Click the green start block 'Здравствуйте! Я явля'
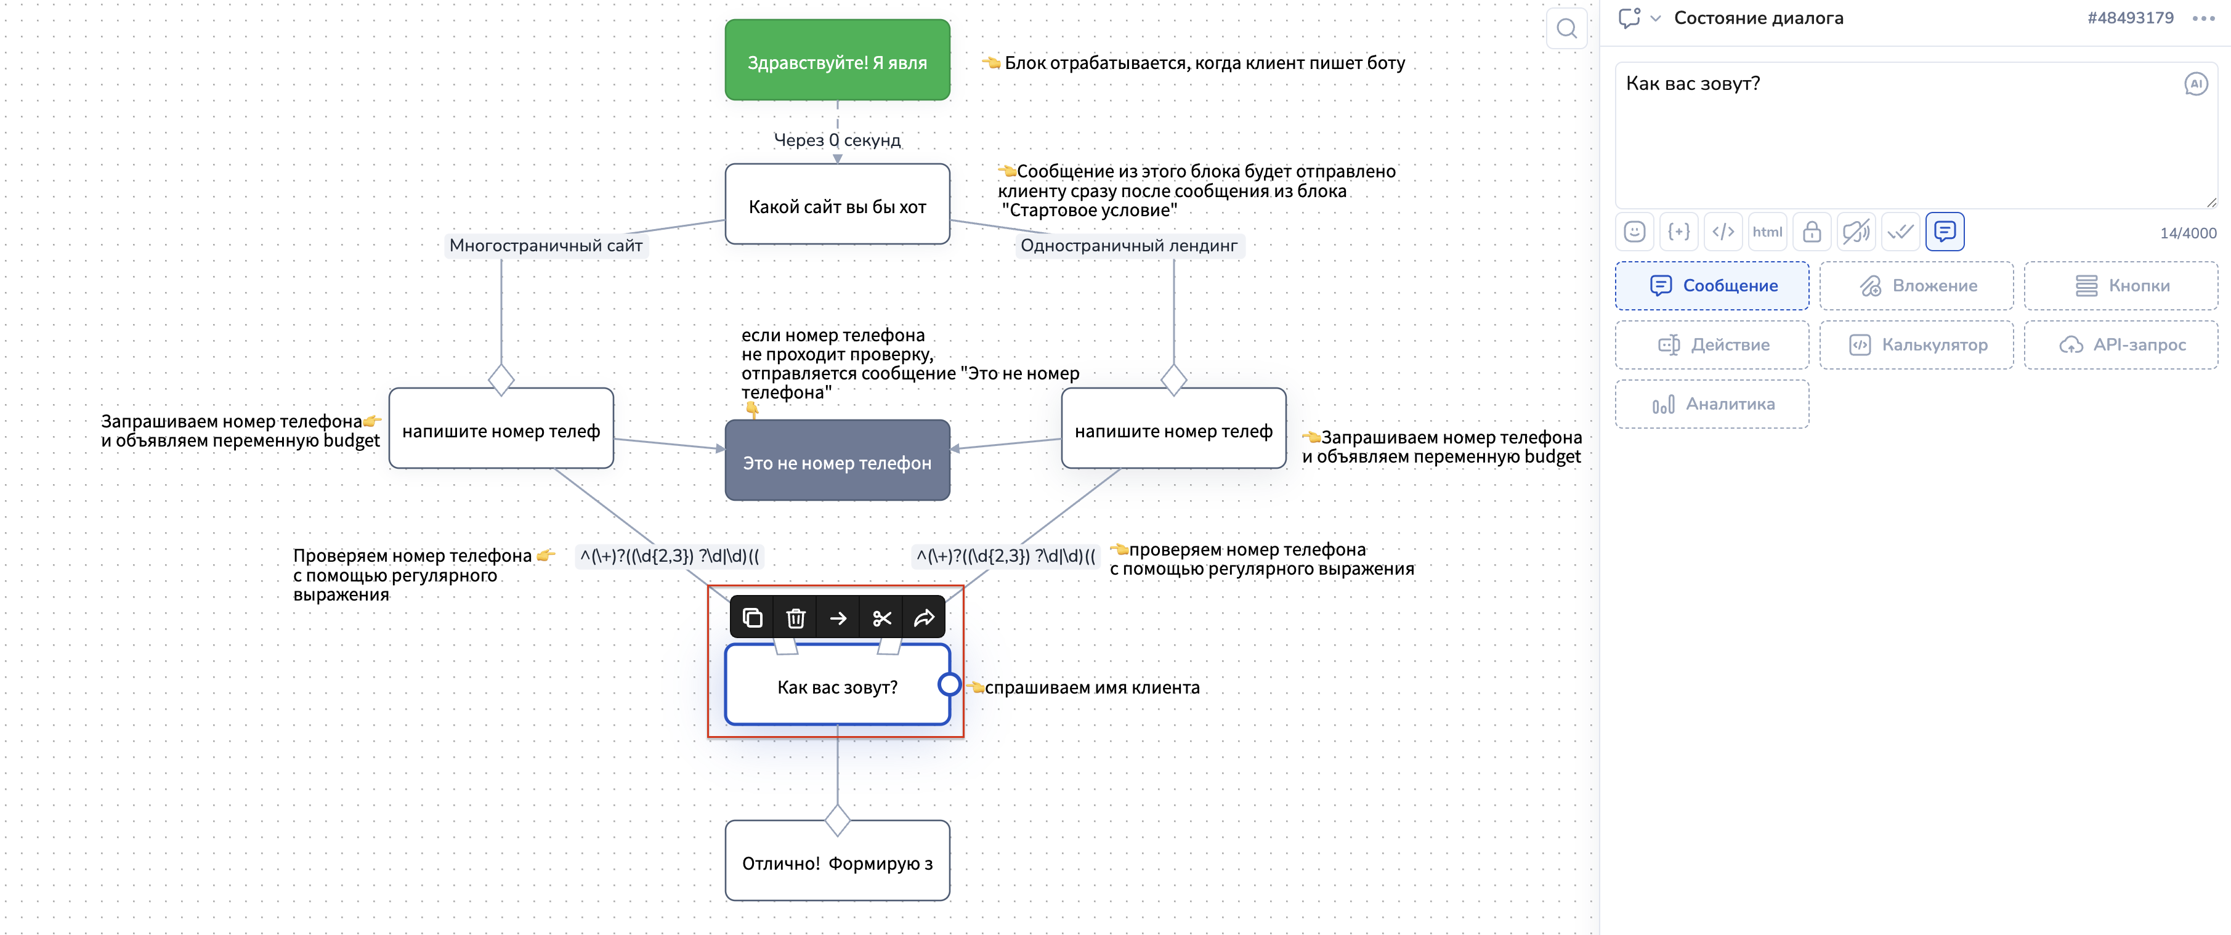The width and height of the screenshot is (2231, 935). (836, 60)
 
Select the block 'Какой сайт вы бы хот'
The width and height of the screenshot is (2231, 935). (836, 205)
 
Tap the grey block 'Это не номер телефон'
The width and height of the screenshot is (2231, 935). (836, 461)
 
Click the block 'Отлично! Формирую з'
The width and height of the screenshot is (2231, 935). (836, 862)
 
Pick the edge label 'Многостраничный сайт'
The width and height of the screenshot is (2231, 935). (546, 246)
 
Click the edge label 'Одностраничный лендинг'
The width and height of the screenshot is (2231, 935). (1128, 246)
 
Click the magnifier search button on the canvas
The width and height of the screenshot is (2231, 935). (1566, 28)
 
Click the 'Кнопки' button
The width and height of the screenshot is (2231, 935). (2120, 286)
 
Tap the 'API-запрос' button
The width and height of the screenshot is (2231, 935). (2120, 344)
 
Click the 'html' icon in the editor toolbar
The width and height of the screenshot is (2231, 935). (1767, 232)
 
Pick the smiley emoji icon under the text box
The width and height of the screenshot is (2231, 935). (1634, 232)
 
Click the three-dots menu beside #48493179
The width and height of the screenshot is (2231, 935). (2203, 18)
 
